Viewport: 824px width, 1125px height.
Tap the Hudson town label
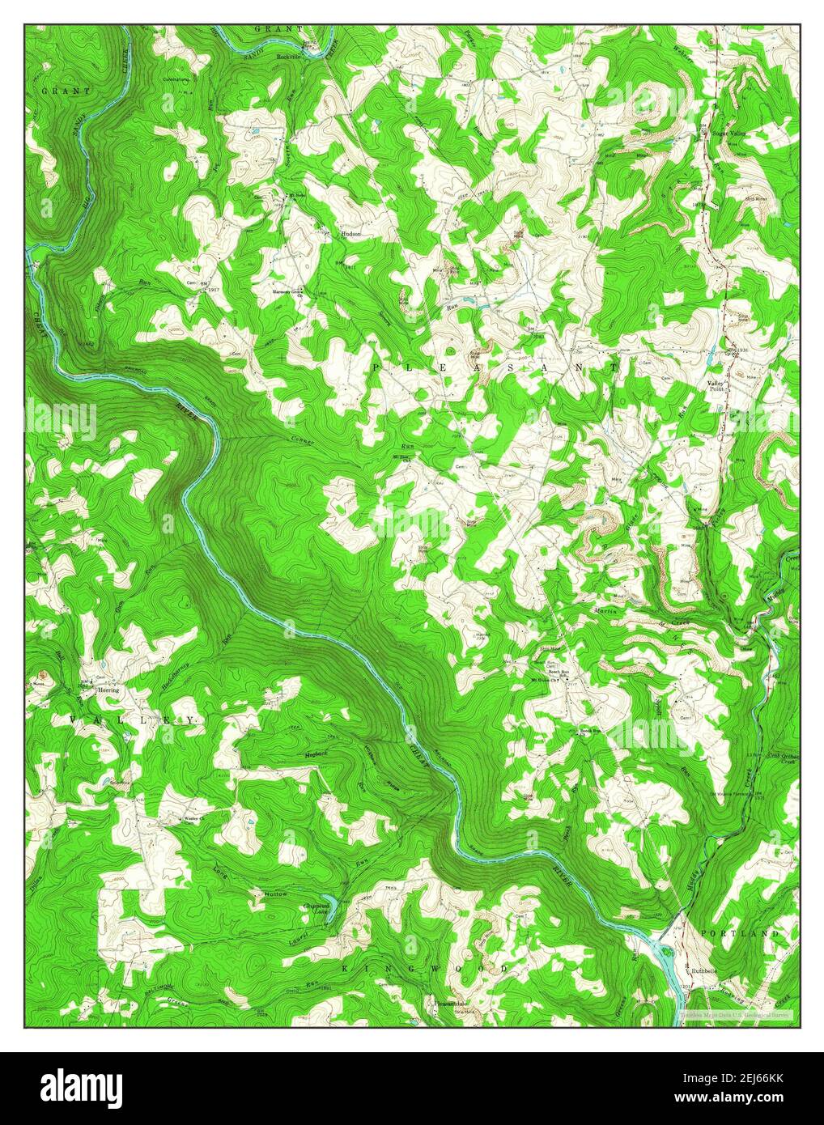tap(350, 233)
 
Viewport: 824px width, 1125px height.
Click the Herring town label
tap(108, 690)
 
